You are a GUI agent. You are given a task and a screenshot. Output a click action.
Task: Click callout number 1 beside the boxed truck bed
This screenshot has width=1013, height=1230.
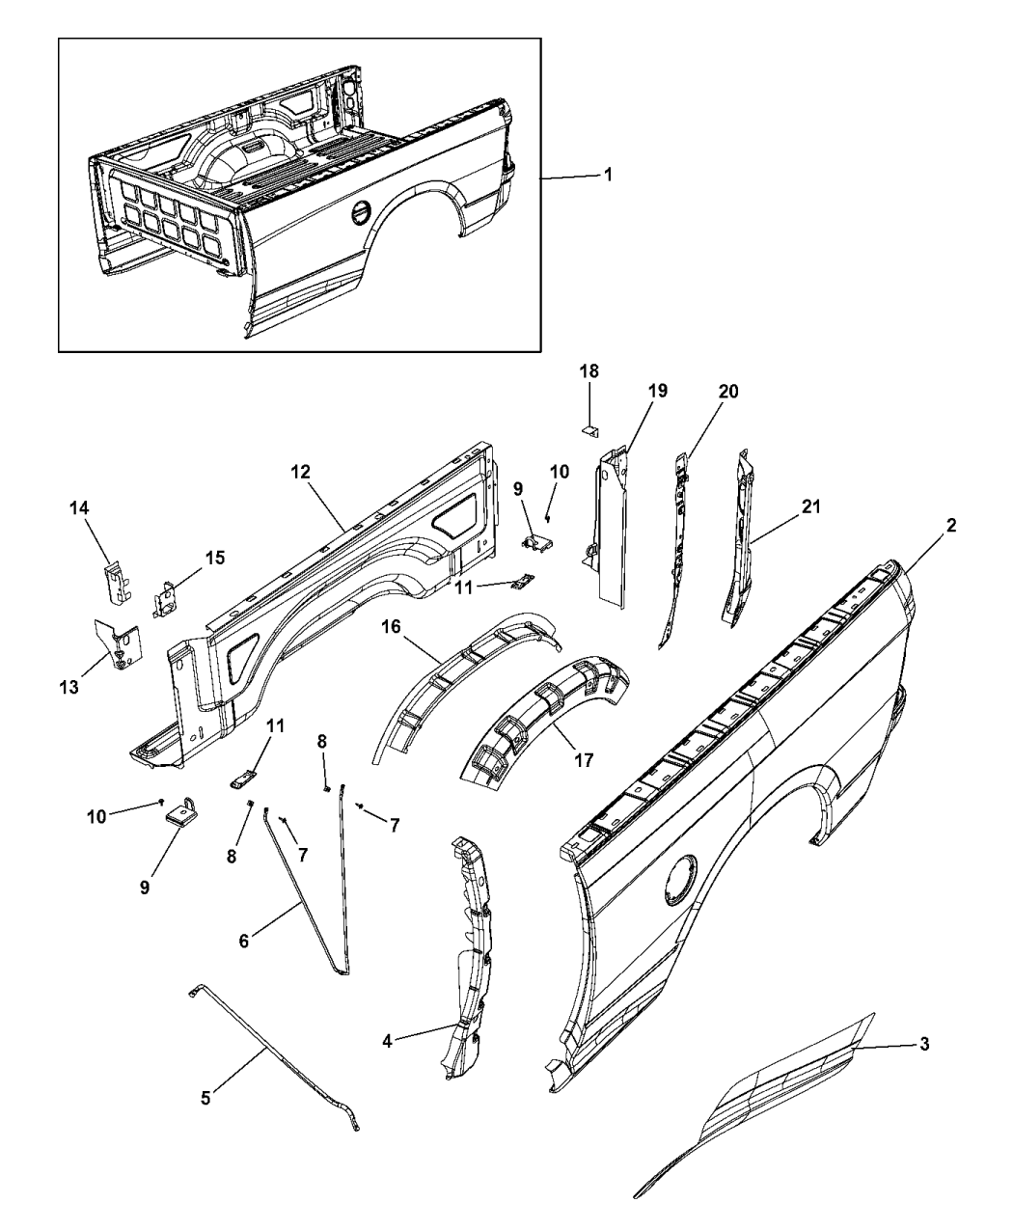pyautogui.click(x=607, y=176)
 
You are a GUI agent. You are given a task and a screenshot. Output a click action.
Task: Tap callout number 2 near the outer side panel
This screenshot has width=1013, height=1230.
pyautogui.click(x=951, y=526)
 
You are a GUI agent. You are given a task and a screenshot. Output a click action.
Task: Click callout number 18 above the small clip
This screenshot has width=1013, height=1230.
pyautogui.click(x=589, y=371)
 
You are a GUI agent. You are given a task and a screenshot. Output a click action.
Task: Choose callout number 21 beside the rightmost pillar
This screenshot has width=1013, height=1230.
pyautogui.click(x=811, y=507)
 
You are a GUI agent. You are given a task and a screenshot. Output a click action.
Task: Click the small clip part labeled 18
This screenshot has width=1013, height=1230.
pyautogui.click(x=589, y=425)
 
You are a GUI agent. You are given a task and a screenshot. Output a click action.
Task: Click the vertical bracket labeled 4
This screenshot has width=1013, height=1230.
pyautogui.click(x=471, y=955)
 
